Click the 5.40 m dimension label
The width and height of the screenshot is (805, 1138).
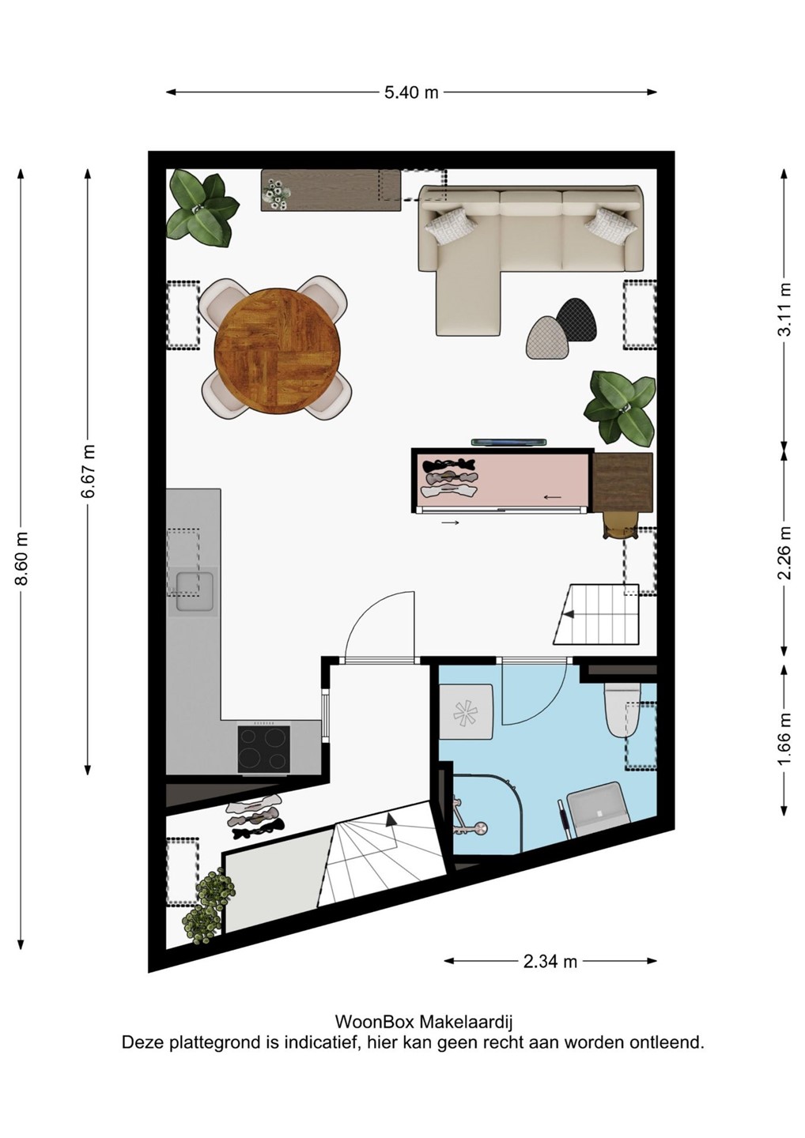[411, 92]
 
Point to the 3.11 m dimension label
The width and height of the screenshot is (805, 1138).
[785, 308]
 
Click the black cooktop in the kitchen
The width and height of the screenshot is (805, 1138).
[264, 749]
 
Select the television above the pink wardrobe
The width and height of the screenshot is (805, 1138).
[508, 442]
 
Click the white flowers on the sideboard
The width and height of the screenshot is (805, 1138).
[276, 193]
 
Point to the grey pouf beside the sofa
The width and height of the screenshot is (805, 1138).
[546, 337]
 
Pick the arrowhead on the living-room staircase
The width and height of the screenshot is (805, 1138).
[569, 614]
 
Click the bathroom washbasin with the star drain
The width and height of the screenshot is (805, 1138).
[466, 711]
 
